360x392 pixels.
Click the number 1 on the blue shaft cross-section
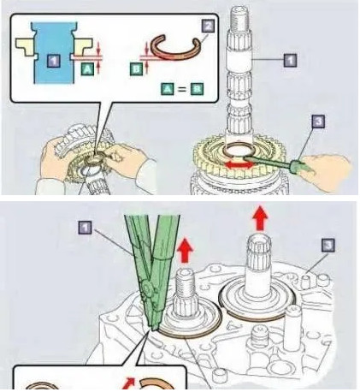tap(54, 61)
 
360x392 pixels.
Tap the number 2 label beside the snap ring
tap(208, 27)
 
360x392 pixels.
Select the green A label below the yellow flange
tap(87, 68)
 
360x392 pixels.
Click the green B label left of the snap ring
tap(137, 69)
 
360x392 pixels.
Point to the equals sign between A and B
tap(181, 89)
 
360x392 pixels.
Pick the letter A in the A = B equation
tap(168, 89)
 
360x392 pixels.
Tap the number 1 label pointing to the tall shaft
tap(290, 60)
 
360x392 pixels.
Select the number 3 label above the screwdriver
tap(318, 121)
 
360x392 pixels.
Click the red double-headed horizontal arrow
tap(239, 165)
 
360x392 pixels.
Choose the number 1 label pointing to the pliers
tap(86, 228)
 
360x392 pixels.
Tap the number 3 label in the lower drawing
tap(328, 246)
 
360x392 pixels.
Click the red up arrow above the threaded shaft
tap(185, 250)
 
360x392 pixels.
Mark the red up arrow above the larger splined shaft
tap(260, 217)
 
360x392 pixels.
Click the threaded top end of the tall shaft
tap(239, 18)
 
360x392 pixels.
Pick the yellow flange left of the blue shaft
tap(25, 46)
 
